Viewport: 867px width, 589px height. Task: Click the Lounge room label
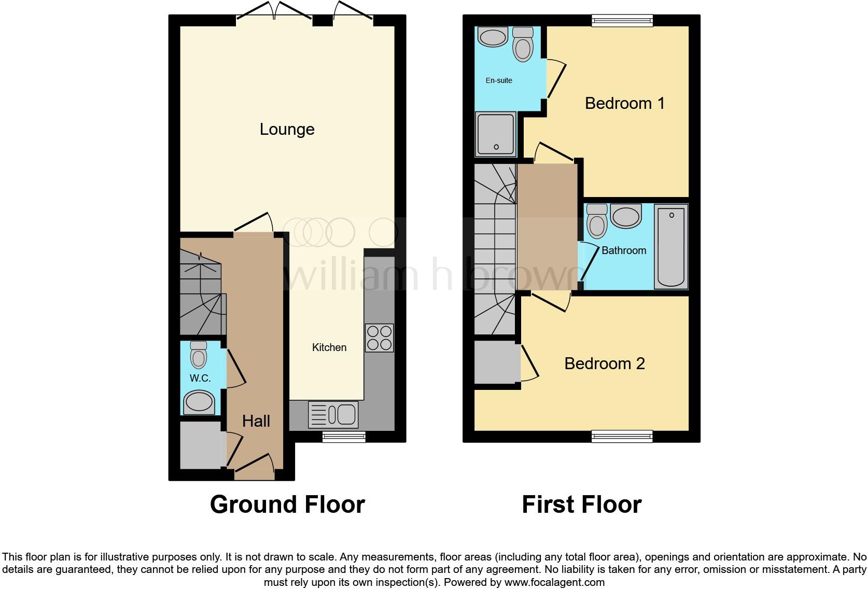click(x=287, y=129)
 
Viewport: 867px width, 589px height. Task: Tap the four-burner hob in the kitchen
click(x=379, y=338)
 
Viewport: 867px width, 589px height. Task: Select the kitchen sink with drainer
click(x=333, y=415)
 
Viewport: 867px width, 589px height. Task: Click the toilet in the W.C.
click(x=199, y=355)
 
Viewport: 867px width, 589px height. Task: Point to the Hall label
click(x=256, y=421)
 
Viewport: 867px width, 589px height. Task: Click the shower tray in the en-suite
click(x=496, y=134)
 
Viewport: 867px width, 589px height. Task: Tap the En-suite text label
click(x=499, y=80)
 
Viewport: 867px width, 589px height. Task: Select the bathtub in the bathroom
click(x=671, y=247)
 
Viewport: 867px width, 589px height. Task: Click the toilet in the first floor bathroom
click(x=597, y=221)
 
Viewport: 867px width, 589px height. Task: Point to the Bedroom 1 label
click(x=624, y=103)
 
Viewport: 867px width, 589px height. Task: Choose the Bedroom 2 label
click(x=604, y=363)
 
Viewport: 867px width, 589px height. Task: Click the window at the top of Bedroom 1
click(x=622, y=20)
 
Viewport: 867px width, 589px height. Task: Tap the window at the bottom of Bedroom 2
click(x=622, y=437)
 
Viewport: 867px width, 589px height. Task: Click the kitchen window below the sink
click(x=343, y=437)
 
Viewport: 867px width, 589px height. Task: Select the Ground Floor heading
click(x=287, y=504)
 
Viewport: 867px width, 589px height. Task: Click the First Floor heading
click(x=581, y=504)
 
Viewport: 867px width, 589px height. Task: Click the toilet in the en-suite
click(x=523, y=45)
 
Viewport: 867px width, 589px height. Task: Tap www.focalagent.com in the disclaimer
click(x=554, y=582)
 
